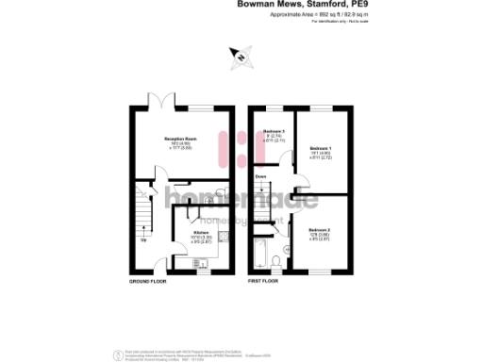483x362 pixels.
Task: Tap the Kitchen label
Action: click(x=201, y=232)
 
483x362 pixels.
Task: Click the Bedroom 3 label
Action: click(x=274, y=131)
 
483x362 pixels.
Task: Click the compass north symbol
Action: click(x=242, y=58)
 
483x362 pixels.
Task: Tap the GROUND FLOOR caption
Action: click(x=147, y=281)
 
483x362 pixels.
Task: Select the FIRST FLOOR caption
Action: click(x=266, y=281)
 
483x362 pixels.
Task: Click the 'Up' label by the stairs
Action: click(x=143, y=239)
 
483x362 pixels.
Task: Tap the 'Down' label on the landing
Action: click(x=260, y=176)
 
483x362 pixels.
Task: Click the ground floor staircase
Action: click(x=142, y=217)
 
